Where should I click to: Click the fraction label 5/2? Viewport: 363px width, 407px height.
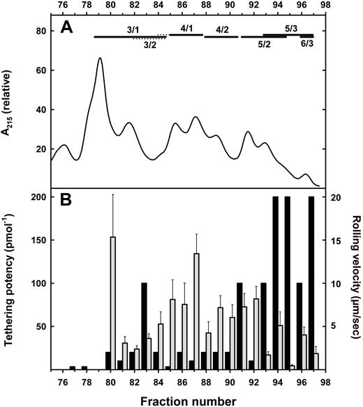[x=265, y=44]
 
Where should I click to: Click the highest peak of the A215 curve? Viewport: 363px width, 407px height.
[x=100, y=59]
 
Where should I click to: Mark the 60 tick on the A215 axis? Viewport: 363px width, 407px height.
[x=41, y=70]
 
